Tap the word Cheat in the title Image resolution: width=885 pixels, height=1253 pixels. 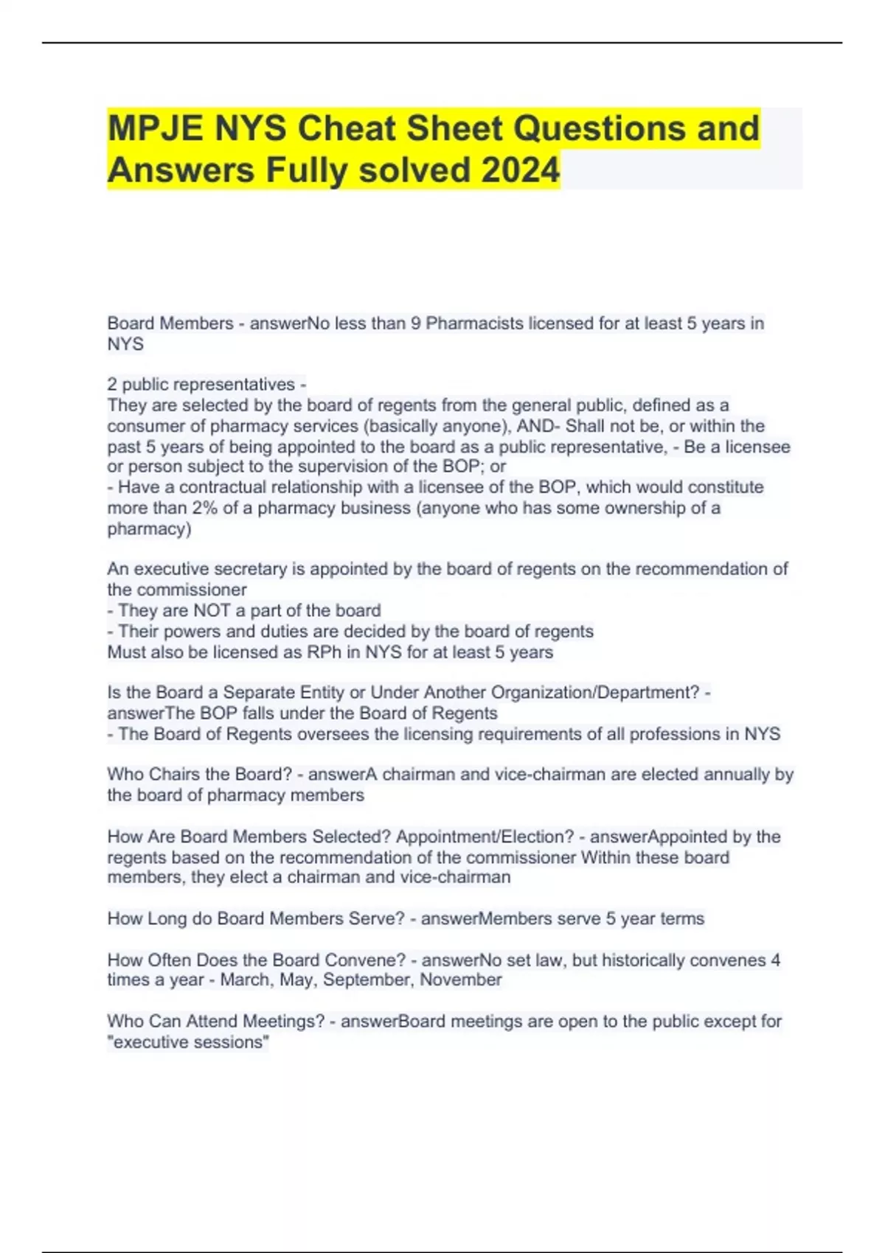pos(346,128)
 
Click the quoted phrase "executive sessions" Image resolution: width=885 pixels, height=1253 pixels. pos(188,1042)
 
